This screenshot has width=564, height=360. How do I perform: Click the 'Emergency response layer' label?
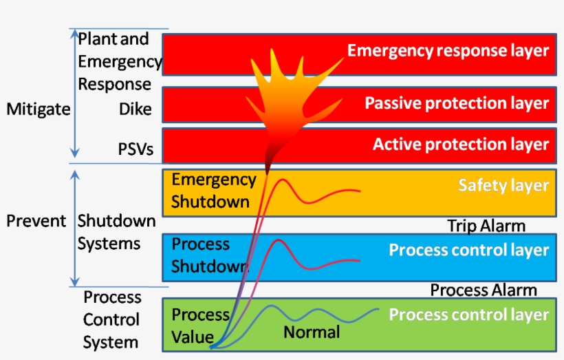(448, 51)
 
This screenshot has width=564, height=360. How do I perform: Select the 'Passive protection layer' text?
(457, 103)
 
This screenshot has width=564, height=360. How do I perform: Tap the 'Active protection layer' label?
(461, 145)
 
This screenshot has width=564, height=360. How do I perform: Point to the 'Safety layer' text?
(503, 185)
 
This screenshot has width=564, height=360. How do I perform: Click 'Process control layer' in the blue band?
(469, 250)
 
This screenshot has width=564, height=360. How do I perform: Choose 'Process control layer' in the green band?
(469, 315)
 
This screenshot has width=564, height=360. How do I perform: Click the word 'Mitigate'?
(38, 109)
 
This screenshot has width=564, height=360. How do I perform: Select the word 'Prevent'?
(36, 221)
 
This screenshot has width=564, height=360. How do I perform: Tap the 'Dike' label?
(135, 109)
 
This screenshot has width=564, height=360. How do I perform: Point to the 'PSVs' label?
(135, 149)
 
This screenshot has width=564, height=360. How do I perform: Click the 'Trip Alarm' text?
(486, 226)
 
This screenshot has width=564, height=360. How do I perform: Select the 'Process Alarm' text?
(484, 290)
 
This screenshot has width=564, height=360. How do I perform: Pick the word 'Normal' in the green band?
(312, 332)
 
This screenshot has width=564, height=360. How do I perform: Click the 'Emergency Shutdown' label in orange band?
(213, 191)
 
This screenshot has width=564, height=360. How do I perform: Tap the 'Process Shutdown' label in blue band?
(208, 255)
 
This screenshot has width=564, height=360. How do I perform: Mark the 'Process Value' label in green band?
(200, 324)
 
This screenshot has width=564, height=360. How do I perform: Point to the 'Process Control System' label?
(111, 319)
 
